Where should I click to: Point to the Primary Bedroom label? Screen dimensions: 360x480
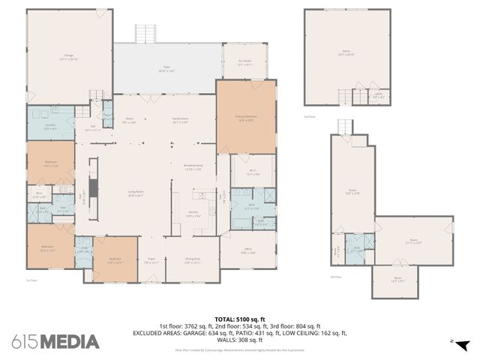point(246,118)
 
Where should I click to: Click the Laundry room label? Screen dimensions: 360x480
point(50,127)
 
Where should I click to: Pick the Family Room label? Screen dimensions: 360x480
point(181,121)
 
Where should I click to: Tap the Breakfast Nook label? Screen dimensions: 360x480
point(193,167)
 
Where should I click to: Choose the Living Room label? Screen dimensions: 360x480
point(135,194)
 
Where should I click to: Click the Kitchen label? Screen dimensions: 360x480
point(193,214)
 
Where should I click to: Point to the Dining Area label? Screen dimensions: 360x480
point(193,261)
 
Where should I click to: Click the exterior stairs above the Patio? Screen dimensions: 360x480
point(145,34)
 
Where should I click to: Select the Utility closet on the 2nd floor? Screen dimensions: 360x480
point(379,96)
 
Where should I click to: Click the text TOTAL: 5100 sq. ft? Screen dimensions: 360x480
point(239,319)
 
